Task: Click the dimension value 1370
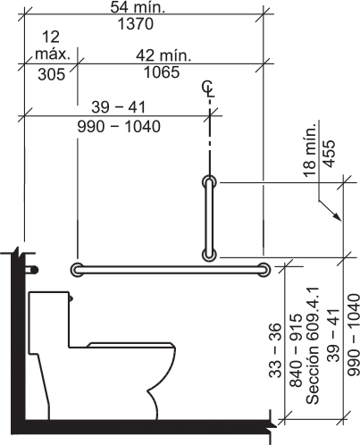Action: [136, 24]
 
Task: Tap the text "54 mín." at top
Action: [138, 7]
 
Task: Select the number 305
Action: [52, 74]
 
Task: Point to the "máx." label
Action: [53, 55]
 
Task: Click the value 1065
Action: [162, 72]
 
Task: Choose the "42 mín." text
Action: [163, 55]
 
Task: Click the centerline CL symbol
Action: [208, 89]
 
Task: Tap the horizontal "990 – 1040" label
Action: [119, 127]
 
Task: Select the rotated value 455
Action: [330, 154]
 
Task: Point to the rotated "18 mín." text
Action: [310, 150]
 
